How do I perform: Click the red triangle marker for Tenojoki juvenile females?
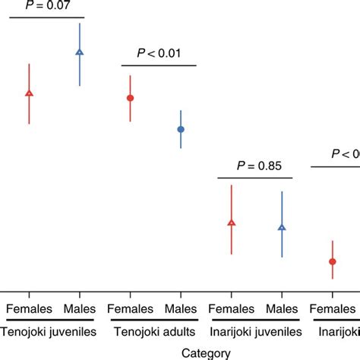point(29,93)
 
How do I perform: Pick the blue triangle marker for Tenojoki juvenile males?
point(80,52)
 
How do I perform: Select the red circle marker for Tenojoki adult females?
point(130,98)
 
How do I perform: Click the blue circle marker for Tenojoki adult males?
point(181,129)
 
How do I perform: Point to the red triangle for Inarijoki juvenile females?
point(232,223)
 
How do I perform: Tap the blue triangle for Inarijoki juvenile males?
point(282,227)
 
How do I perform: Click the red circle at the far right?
point(333,261)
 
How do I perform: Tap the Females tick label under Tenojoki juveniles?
point(29,309)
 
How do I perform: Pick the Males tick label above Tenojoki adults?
point(181,309)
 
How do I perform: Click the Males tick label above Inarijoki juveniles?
point(282,309)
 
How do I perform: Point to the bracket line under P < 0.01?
point(159,66)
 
